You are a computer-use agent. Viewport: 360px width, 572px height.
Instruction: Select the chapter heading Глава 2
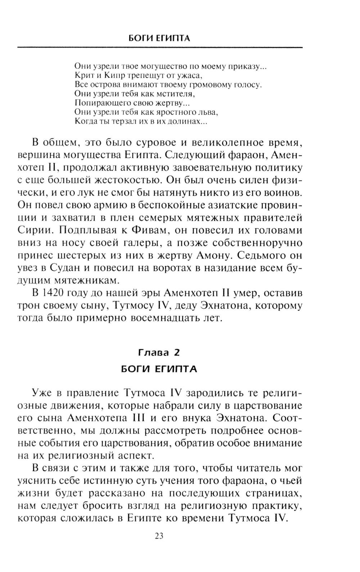point(159,353)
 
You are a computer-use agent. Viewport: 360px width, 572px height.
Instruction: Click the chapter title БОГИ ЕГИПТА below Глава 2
point(159,369)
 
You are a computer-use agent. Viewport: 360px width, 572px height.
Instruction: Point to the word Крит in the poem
point(82,76)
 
